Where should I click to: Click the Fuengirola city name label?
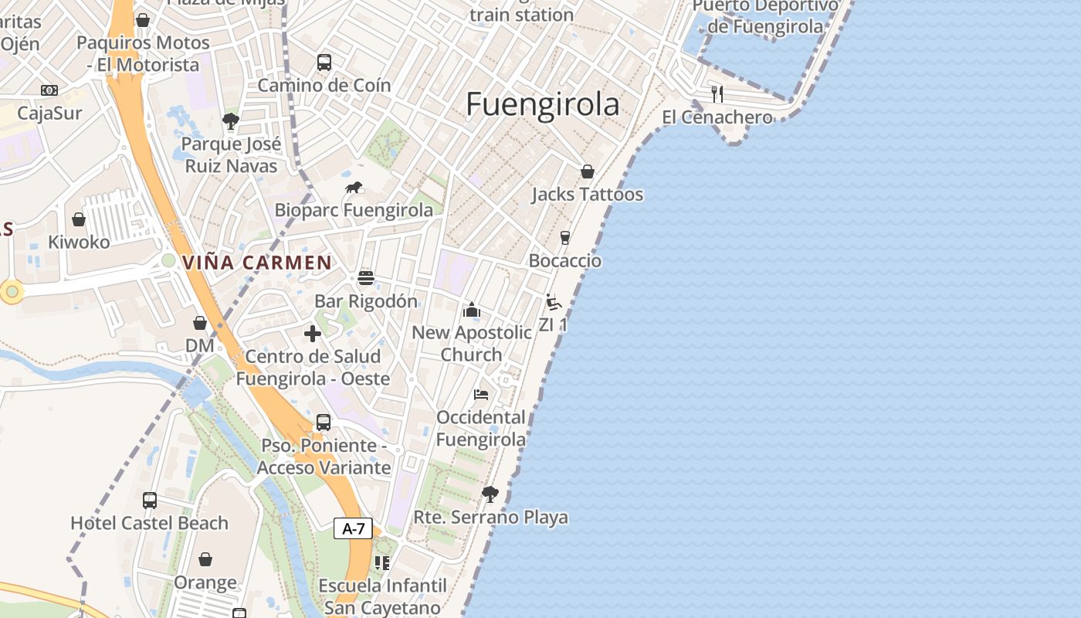click(542, 104)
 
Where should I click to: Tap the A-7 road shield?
click(353, 528)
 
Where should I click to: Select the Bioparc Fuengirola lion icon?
click(354, 187)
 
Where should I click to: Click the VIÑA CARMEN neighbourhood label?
click(257, 263)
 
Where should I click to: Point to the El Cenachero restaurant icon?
click(717, 94)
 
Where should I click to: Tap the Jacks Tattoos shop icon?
click(588, 171)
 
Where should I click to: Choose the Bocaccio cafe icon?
click(565, 237)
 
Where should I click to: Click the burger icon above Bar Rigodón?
click(366, 278)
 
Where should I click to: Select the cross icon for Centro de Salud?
click(313, 334)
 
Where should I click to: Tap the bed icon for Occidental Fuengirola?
click(481, 395)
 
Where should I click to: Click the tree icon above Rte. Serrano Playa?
click(490, 494)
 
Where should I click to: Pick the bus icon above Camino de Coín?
click(324, 63)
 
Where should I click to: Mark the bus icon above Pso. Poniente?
click(324, 423)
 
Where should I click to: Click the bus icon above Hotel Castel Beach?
click(150, 500)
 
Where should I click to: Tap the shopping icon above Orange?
click(205, 559)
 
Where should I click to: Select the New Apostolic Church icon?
click(471, 311)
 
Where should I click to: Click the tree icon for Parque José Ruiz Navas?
click(230, 121)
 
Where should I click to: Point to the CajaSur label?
click(49, 114)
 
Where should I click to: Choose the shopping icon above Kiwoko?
click(79, 219)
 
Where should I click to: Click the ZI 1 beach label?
click(553, 324)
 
